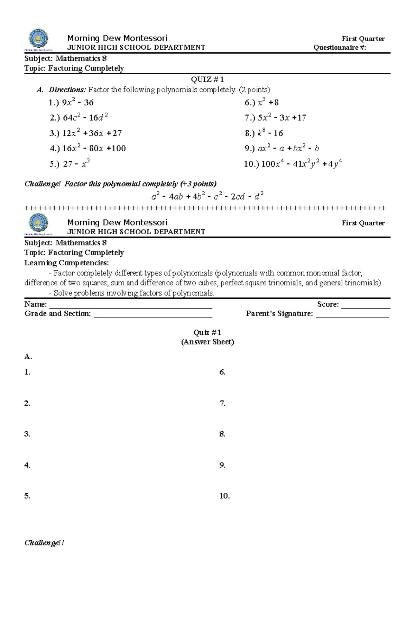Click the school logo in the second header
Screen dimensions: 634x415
[38, 224]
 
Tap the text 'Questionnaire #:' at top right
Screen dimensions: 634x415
[340, 48]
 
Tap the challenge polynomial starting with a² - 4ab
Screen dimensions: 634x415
[207, 197]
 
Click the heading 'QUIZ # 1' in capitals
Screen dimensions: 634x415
[207, 79]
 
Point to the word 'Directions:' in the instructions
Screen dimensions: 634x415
[67, 90]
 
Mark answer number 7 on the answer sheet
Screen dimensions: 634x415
[222, 403]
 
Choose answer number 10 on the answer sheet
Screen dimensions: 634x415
[224, 496]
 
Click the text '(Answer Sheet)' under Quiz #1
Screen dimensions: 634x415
[207, 342]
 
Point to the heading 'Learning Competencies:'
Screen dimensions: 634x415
[66, 263]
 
